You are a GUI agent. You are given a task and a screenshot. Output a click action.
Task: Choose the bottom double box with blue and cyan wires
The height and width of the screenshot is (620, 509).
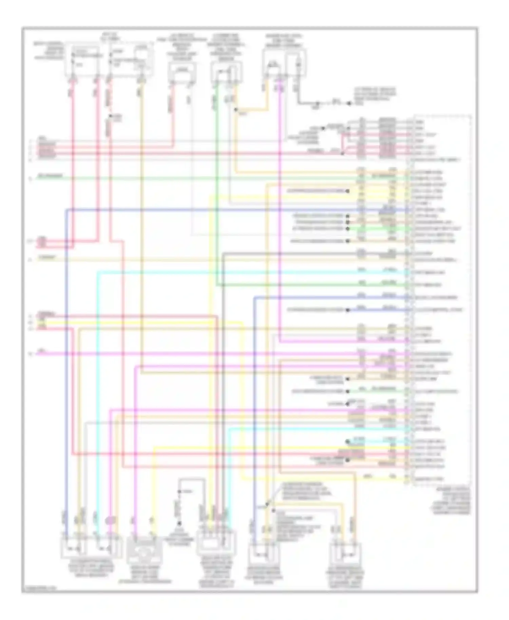(x=91, y=547)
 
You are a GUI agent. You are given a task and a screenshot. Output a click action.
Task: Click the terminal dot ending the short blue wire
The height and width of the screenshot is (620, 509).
(x=347, y=310)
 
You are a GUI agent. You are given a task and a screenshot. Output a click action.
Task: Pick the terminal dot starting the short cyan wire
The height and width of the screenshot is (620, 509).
(x=347, y=442)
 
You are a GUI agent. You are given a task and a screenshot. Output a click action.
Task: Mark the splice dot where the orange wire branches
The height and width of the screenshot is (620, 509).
(x=236, y=110)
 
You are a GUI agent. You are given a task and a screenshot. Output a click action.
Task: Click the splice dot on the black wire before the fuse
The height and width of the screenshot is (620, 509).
(x=318, y=102)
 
